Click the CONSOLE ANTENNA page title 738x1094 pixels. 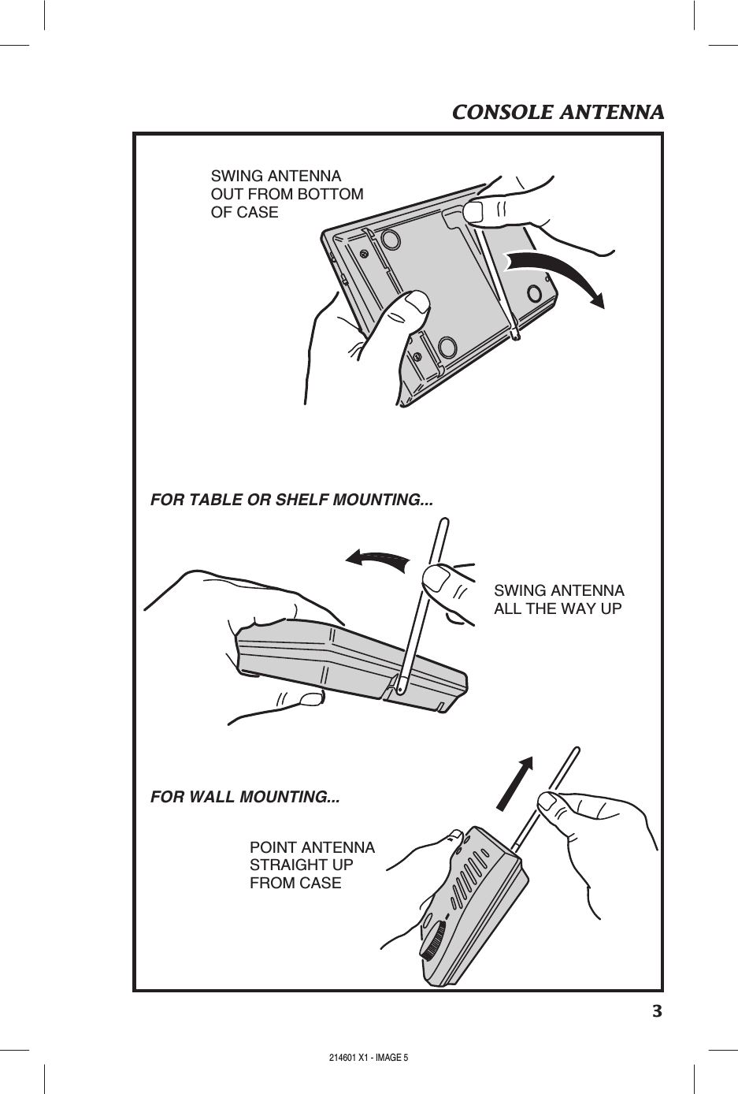[x=558, y=112]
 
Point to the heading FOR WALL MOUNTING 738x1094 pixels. [x=245, y=796]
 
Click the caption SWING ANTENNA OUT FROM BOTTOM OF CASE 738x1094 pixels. [x=287, y=194]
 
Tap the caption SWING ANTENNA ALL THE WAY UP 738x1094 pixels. [x=558, y=600]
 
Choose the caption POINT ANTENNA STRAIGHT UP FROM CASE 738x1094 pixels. [x=312, y=865]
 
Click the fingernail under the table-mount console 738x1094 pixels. [x=310, y=698]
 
